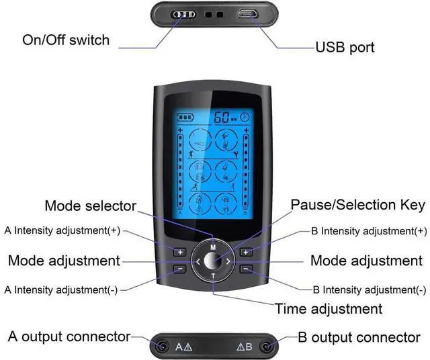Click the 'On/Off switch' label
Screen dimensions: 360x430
point(66,40)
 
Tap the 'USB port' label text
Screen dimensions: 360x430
point(345,47)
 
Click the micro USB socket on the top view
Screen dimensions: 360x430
point(247,13)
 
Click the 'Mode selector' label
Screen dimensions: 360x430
point(90,206)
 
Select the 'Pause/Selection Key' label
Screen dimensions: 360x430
point(357,204)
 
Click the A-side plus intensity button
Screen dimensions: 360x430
point(179,253)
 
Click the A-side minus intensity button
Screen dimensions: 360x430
point(179,269)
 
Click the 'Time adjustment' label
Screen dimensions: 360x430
point(329,309)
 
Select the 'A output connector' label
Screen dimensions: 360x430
point(69,336)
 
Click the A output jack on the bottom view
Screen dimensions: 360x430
point(162,347)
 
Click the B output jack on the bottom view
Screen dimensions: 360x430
point(267,347)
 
